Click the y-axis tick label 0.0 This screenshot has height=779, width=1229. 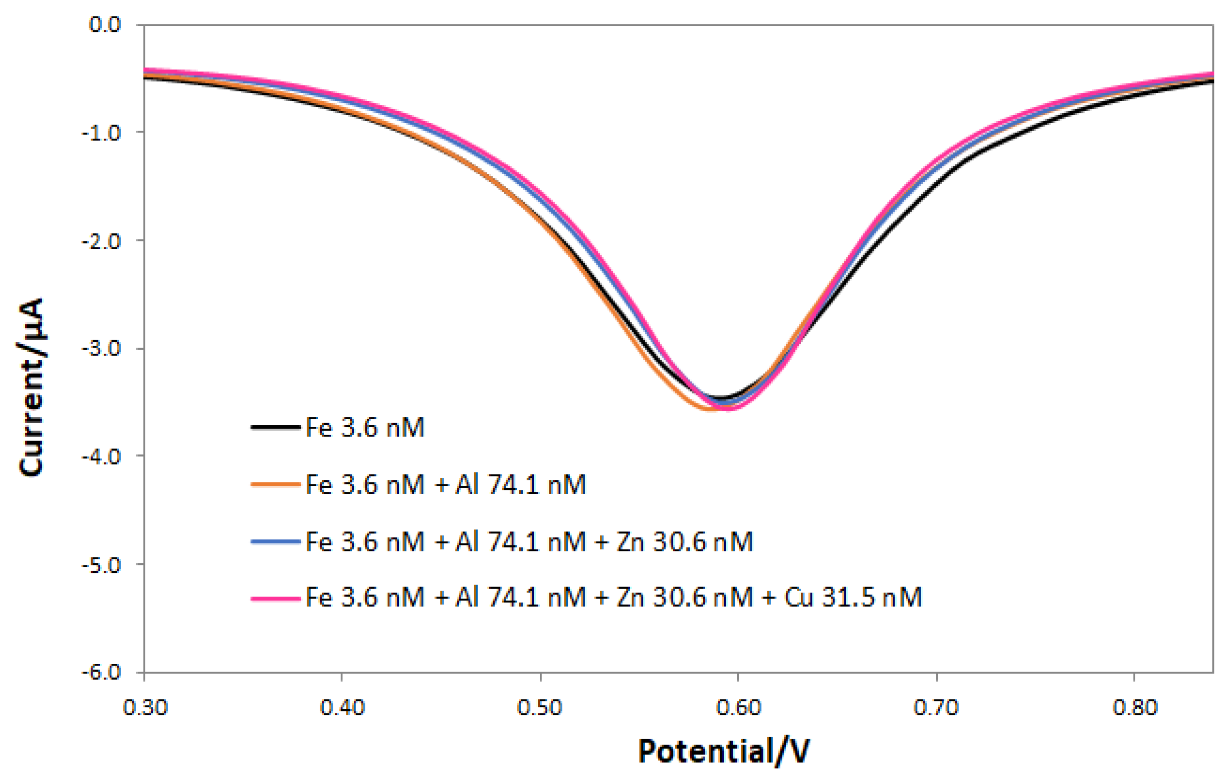pos(105,24)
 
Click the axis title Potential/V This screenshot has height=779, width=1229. pos(723,751)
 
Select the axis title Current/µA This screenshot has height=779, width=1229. pos(32,388)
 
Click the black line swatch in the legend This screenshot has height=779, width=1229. pos(276,427)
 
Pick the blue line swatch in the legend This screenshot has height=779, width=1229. pos(276,541)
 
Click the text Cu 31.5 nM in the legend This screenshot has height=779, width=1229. pos(853,597)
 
